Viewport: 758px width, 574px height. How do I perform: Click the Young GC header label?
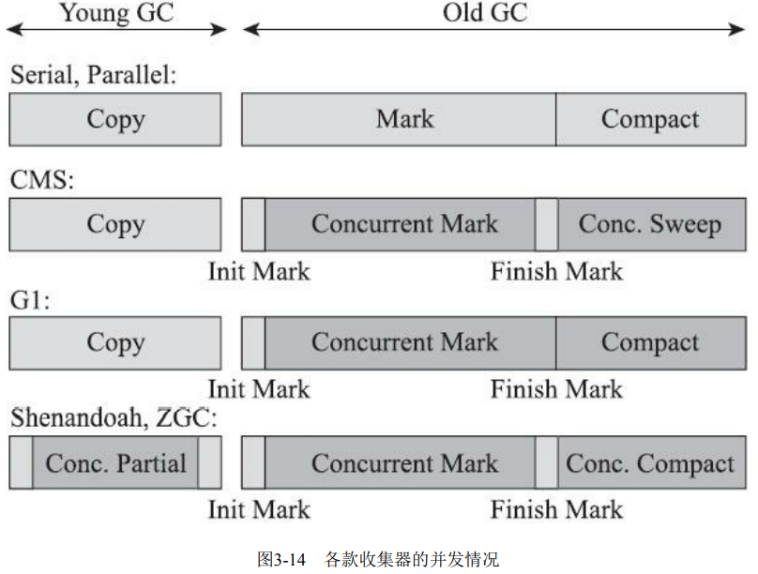(117, 12)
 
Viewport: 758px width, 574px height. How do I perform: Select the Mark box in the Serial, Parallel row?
(404, 119)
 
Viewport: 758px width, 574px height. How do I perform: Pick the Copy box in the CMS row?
(115, 224)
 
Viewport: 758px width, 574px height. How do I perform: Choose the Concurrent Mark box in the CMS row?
(404, 224)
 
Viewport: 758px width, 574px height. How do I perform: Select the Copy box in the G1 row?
(115, 342)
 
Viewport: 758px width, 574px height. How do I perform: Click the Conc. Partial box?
(115, 463)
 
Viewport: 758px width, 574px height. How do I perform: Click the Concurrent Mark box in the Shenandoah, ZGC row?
(404, 463)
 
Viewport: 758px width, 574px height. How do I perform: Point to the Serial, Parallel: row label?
(93, 75)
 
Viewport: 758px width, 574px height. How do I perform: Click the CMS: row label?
(41, 179)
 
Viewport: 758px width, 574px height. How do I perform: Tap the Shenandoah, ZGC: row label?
(114, 418)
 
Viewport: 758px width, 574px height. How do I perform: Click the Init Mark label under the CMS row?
(258, 272)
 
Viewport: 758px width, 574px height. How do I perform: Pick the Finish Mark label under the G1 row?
(556, 388)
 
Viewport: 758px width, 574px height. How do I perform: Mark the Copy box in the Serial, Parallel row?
(115, 119)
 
